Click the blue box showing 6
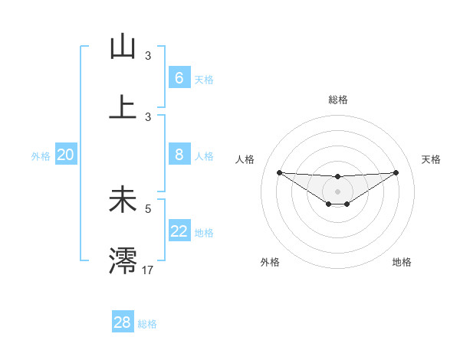[x=179, y=78]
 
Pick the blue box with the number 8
[x=179, y=155]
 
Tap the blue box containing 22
[x=179, y=231]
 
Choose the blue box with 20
[x=65, y=155]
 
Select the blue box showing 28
[x=122, y=322]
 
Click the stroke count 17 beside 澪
[x=148, y=269]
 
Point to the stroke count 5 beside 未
[x=148, y=208]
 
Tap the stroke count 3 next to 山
[x=148, y=55]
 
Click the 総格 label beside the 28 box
[x=147, y=324]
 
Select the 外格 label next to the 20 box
[x=41, y=156]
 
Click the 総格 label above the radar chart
[x=337, y=100]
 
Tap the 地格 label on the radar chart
[x=402, y=263]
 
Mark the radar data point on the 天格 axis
[x=396, y=172]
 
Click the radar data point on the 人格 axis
[x=279, y=172]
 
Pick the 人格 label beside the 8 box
[x=204, y=156]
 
